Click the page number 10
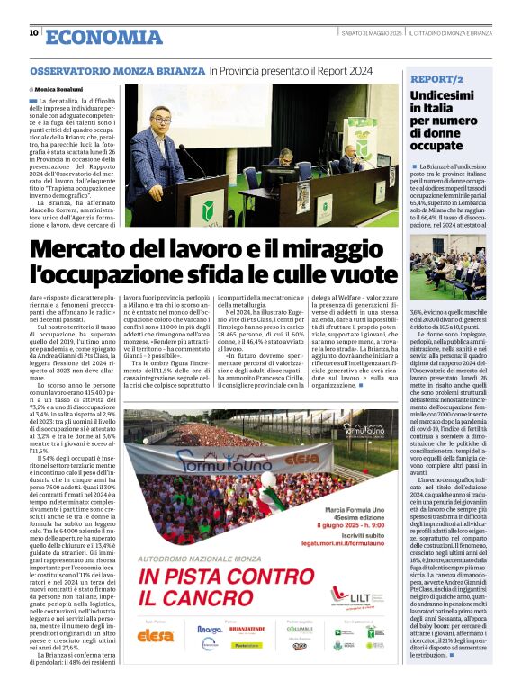[33, 33]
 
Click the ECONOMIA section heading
[103, 36]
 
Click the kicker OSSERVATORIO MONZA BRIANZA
[118, 70]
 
